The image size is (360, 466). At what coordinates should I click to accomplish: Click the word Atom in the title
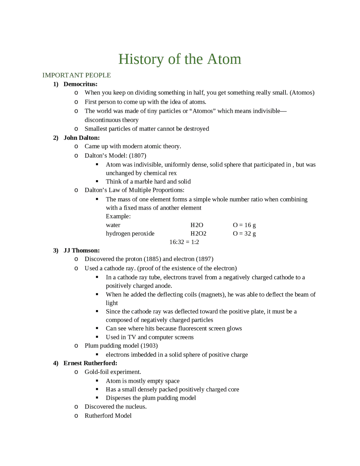[224, 59]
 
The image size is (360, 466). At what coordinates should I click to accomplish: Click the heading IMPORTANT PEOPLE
[76, 75]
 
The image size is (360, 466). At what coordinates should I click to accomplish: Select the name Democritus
[80, 84]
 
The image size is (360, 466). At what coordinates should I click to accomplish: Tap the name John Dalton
[81, 138]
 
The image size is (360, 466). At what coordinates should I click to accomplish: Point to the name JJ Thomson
[81, 250]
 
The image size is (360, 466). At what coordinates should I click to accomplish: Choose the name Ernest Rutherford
[90, 363]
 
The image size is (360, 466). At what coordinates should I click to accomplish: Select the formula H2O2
[198, 233]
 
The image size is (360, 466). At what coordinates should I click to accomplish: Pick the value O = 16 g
[244, 225]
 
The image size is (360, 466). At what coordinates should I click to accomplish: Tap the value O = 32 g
[244, 233]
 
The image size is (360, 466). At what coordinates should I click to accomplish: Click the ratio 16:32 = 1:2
[184, 242]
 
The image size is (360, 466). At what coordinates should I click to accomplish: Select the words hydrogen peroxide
[130, 233]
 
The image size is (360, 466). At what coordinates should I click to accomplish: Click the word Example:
[118, 216]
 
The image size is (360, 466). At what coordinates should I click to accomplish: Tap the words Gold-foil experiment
[112, 372]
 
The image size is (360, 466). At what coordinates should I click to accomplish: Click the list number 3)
[56, 250]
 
